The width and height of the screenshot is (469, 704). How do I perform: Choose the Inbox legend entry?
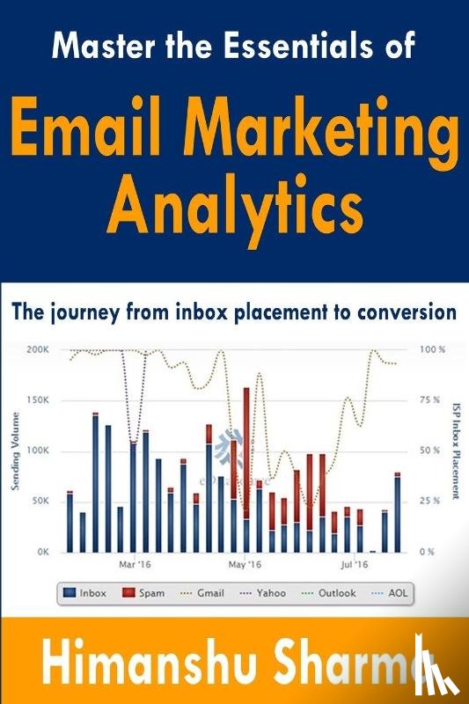click(84, 593)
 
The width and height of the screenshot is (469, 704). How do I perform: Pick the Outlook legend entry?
click(330, 593)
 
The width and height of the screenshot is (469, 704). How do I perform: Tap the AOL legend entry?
click(397, 593)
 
